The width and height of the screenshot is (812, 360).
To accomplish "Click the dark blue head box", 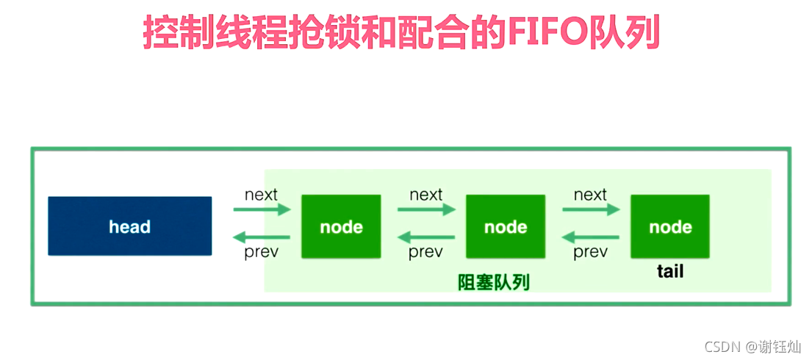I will click(x=129, y=226).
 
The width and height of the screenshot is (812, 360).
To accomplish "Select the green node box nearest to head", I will click(x=341, y=226).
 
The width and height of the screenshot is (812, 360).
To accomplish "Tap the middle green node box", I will click(x=506, y=226).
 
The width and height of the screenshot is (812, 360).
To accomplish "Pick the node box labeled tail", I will click(x=669, y=226).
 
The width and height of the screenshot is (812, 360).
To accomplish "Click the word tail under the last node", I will click(x=669, y=272).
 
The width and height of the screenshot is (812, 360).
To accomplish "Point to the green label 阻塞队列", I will click(x=494, y=283).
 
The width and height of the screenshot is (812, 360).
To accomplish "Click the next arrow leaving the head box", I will click(x=262, y=210).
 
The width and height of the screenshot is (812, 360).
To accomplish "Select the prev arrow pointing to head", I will click(x=262, y=237).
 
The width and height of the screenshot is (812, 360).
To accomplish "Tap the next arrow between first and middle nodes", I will click(x=426, y=210).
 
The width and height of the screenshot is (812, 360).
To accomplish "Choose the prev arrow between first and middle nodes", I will click(x=426, y=237).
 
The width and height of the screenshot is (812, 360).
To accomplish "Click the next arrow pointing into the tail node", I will click(x=591, y=210).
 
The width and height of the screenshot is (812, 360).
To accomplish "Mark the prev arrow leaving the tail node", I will click(x=591, y=237).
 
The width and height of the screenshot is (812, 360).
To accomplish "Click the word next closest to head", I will click(x=262, y=195).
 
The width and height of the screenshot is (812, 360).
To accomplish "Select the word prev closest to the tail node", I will click(x=591, y=253).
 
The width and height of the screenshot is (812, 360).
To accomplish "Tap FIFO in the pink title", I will click(x=544, y=33).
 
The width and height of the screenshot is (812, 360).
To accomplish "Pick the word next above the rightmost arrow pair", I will click(x=591, y=195).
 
